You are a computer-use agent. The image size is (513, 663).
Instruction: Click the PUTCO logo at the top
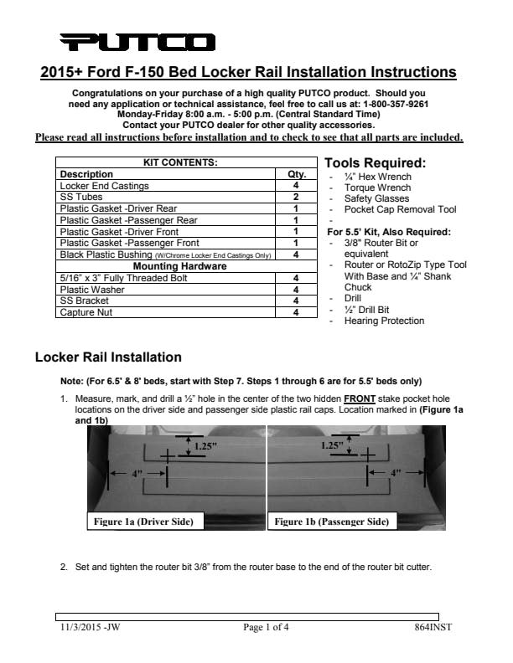click(138, 42)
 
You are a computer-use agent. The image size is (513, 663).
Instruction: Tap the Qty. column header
click(297, 174)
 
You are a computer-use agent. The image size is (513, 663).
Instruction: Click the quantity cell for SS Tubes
click(297, 197)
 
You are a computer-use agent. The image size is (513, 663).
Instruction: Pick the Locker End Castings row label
click(105, 186)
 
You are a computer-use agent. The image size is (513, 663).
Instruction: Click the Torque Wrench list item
click(377, 188)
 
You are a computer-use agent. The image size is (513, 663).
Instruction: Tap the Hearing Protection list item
click(384, 321)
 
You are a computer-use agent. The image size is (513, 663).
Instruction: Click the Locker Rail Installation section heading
click(108, 357)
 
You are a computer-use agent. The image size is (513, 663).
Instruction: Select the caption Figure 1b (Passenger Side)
click(331, 522)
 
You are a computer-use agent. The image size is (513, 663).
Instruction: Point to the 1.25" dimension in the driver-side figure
click(205, 446)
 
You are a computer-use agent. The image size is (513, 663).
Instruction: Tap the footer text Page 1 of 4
click(266, 627)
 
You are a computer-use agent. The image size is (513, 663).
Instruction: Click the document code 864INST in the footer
click(433, 627)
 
